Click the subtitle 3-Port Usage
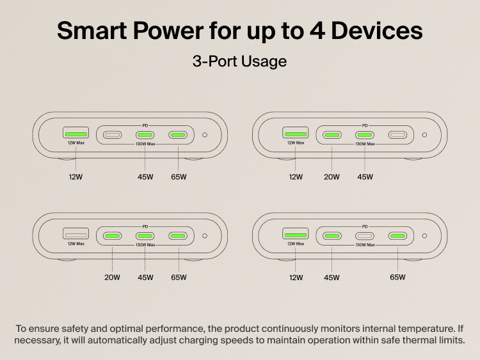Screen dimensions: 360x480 pyautogui.click(x=239, y=61)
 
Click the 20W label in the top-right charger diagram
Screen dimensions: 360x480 pyautogui.click(x=332, y=177)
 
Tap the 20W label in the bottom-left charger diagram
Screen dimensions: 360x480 pyautogui.click(x=112, y=278)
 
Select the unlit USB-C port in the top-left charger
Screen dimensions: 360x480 pyautogui.click(x=112, y=135)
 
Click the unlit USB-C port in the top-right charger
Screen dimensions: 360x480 pyautogui.click(x=397, y=135)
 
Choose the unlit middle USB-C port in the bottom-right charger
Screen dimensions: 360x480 pyautogui.click(x=365, y=236)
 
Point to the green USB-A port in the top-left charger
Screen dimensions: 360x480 pyautogui.click(x=76, y=134)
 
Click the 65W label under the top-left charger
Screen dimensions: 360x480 pyautogui.click(x=179, y=177)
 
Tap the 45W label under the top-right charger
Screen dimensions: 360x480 pyautogui.click(x=365, y=177)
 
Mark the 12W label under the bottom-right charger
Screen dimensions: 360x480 pyautogui.click(x=296, y=278)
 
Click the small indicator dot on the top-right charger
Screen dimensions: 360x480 pyautogui.click(x=424, y=135)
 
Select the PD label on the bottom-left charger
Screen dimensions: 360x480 pyautogui.click(x=145, y=226)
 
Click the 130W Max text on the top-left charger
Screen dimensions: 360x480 pyautogui.click(x=145, y=145)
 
